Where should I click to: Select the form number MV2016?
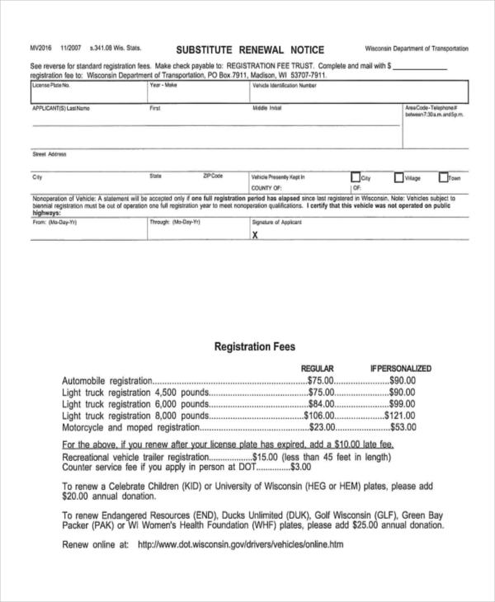click(x=41, y=49)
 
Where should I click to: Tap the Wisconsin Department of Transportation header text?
click(x=416, y=49)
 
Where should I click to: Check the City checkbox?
click(x=356, y=176)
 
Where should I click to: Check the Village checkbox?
click(x=398, y=176)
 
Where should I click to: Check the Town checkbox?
click(x=443, y=176)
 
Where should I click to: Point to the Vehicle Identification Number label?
click(x=284, y=85)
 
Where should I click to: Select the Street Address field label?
click(x=49, y=154)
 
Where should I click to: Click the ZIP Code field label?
click(x=213, y=176)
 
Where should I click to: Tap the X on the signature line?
click(x=254, y=234)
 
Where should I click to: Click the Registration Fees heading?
click(x=254, y=347)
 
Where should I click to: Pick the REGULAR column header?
click(x=317, y=369)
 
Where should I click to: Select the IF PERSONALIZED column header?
click(x=400, y=369)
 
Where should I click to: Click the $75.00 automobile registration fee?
click(x=320, y=381)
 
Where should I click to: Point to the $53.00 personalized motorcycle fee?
click(x=403, y=428)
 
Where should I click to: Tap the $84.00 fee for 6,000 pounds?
click(x=320, y=405)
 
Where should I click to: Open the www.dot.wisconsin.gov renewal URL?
click(x=239, y=545)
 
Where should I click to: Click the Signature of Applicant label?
click(x=277, y=222)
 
